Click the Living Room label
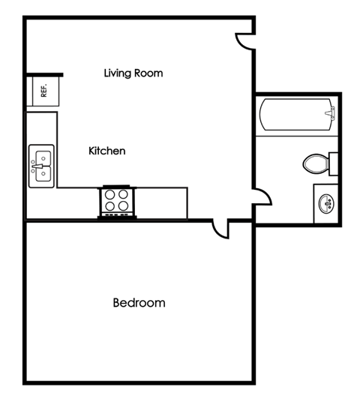point(133,73)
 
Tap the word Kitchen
point(107,151)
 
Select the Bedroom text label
point(139,303)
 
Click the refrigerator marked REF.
point(43,91)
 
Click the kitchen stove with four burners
point(116,201)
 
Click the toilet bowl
point(314,163)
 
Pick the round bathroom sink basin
point(327,202)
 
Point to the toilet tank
point(334,163)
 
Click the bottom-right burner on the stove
point(123,206)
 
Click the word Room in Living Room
point(148,73)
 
